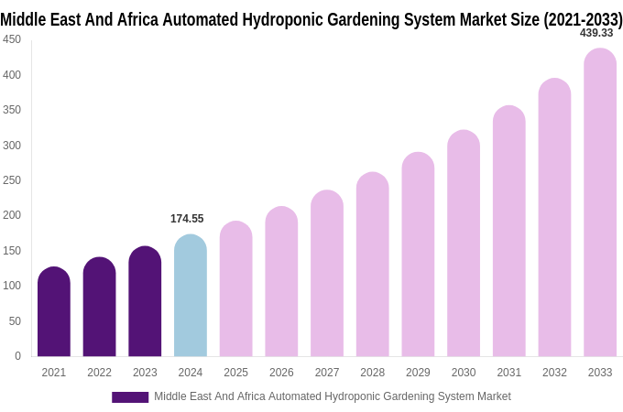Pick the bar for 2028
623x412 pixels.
(x=372, y=265)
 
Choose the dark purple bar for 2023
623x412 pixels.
(x=145, y=301)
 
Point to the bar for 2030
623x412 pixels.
(x=464, y=244)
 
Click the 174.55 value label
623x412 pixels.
(x=187, y=219)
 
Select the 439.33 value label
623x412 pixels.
(x=596, y=33)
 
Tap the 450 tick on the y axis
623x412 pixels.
(x=12, y=39)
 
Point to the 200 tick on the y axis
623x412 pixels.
(x=12, y=215)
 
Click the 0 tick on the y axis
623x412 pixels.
(x=17, y=356)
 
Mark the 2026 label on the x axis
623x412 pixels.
(x=281, y=373)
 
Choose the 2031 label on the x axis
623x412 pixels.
(x=509, y=373)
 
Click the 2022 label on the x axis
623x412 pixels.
(x=99, y=373)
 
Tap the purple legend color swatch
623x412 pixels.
(x=130, y=396)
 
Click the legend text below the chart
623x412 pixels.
(x=332, y=396)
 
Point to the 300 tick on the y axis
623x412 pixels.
(x=12, y=145)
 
